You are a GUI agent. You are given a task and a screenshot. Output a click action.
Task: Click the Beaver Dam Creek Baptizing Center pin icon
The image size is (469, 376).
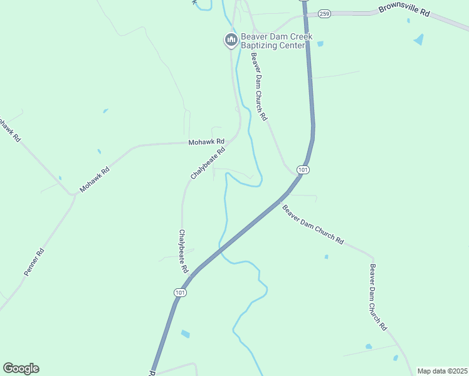230,41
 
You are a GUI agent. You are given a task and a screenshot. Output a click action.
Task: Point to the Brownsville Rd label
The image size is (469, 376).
404,11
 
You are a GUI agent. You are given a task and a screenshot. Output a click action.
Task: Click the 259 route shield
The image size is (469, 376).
324,13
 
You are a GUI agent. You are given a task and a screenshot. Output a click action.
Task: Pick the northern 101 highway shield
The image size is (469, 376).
303,170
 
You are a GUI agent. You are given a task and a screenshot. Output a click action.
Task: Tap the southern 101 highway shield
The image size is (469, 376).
181,293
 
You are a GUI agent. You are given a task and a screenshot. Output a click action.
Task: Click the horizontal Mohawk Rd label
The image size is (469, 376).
206,143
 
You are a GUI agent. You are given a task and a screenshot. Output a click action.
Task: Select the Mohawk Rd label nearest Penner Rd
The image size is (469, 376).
95,179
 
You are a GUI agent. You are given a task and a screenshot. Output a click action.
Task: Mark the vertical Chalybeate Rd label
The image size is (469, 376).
183,251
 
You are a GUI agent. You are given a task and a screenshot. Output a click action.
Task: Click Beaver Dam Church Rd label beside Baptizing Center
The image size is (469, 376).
260,86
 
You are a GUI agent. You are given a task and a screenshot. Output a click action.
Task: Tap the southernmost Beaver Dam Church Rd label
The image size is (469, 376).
378,298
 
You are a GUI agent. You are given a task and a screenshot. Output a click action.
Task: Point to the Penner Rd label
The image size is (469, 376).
34,262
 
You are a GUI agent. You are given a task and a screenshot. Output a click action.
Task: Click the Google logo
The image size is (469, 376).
21,368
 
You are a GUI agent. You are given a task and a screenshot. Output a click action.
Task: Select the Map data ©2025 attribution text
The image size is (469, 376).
442,371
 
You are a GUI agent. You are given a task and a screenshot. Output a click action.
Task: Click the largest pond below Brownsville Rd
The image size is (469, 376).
418,39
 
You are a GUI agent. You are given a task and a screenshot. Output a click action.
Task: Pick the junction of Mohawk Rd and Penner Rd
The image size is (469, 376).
74,194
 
